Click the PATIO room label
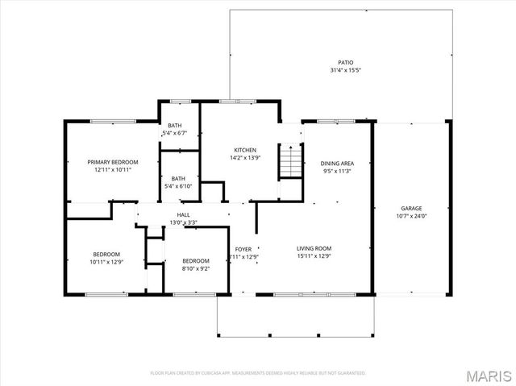point(345,62)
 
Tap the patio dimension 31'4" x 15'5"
point(345,71)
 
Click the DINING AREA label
point(335,162)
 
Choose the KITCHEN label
point(245,150)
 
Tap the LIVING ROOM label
point(314,248)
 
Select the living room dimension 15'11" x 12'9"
point(314,257)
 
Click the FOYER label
point(243,248)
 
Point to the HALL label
point(183,214)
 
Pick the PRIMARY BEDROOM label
point(113,162)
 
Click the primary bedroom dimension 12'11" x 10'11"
point(113,170)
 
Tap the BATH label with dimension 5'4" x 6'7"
point(175,125)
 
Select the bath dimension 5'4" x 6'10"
point(177,187)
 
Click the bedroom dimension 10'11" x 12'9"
point(106,262)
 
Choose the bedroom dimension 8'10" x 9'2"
point(196,269)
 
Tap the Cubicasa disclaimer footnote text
point(258,373)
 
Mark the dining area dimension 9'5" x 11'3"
point(335,171)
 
